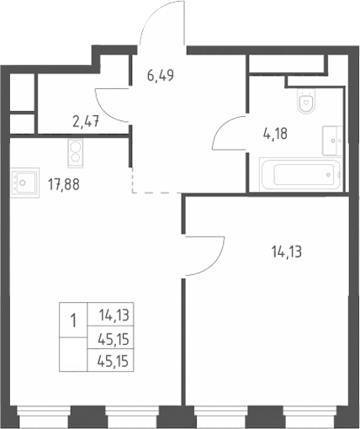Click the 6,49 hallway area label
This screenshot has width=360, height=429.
(x=161, y=76)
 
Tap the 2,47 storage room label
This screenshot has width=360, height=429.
(x=86, y=122)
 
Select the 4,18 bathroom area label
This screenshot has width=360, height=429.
(x=275, y=134)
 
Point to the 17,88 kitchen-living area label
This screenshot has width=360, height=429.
(x=64, y=184)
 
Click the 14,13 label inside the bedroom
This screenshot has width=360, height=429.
(x=287, y=252)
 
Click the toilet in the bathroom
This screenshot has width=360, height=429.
(x=306, y=101)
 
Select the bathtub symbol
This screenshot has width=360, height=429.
(x=300, y=174)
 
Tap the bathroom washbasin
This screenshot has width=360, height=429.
(x=332, y=140)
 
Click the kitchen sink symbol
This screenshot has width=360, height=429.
(x=24, y=183)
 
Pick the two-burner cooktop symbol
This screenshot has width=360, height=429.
(x=76, y=153)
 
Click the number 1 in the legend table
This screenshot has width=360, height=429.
(x=73, y=320)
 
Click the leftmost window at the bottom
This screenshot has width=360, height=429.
(x=44, y=416)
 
